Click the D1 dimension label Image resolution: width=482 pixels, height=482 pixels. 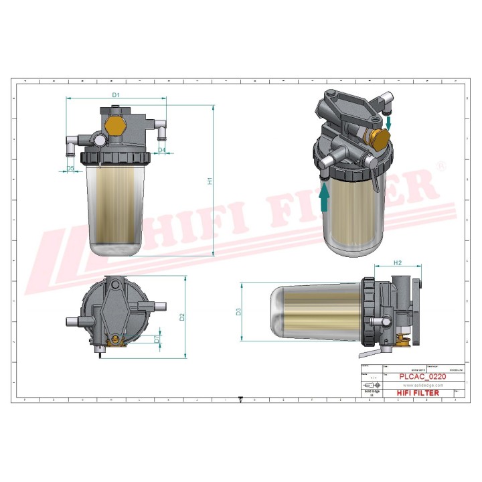pyautogui.click(x=115, y=95)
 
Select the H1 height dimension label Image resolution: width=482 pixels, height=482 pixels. pyautogui.click(x=209, y=181)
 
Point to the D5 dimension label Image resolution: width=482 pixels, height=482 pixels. pyautogui.click(x=70, y=168)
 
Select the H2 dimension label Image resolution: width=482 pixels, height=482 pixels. pyautogui.click(x=396, y=262)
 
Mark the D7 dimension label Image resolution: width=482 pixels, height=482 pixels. pyautogui.click(x=157, y=339)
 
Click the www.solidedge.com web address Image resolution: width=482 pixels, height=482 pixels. pyautogui.click(x=420, y=385)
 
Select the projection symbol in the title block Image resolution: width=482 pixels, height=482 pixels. pyautogui.click(x=370, y=386)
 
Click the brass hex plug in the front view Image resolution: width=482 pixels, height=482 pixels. pyautogui.click(x=114, y=126)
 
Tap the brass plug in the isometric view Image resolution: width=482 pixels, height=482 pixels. pyautogui.click(x=378, y=139)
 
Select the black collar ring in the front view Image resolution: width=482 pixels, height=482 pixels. pyautogui.click(x=113, y=158)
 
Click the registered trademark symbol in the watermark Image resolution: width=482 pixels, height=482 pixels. pyautogui.click(x=440, y=165)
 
